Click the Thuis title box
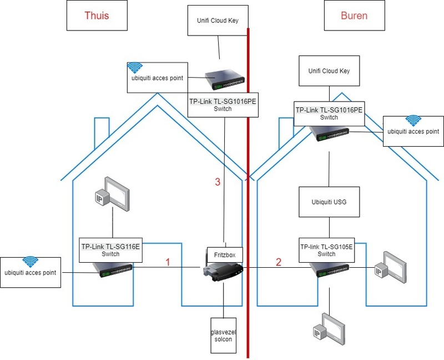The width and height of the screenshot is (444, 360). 96,15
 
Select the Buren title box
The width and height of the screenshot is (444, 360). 354,15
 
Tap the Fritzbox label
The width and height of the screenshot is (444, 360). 225,254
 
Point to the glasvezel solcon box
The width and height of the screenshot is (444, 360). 224,335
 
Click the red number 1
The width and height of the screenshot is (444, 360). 168,262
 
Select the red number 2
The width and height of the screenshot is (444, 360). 279,262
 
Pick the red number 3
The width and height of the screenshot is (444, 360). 218,181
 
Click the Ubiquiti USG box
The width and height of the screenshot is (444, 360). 329,201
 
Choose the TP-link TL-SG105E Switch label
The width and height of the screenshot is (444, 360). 326,249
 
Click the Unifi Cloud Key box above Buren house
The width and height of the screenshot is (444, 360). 329,71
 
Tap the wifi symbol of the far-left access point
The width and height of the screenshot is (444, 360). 31,261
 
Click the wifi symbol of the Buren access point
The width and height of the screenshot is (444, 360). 412,120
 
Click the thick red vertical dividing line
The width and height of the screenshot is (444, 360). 248,183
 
